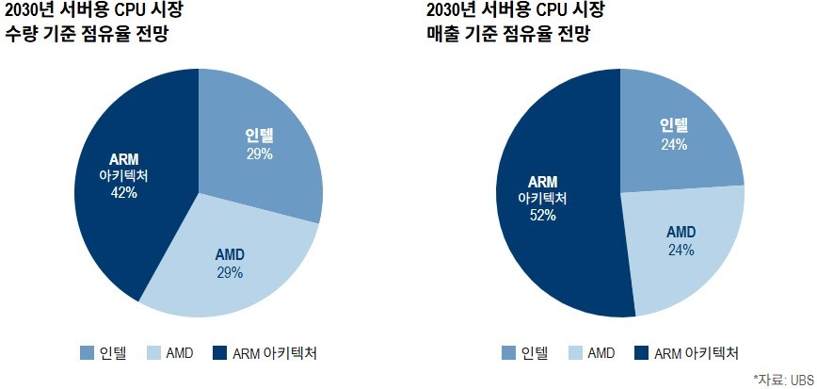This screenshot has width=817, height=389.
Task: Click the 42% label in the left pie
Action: (x=124, y=192)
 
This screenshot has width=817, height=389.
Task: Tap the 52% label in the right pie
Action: (x=542, y=215)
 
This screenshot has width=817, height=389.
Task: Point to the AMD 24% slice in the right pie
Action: (x=682, y=245)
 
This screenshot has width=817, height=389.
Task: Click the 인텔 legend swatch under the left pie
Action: (x=87, y=353)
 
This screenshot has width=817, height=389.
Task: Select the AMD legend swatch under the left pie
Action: (x=153, y=353)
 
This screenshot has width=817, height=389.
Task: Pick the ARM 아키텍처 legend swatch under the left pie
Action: (x=220, y=353)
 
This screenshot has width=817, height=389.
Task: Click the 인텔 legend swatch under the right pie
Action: (x=508, y=353)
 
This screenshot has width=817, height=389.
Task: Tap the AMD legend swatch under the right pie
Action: (x=575, y=353)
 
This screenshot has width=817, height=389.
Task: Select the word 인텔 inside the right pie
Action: (x=674, y=124)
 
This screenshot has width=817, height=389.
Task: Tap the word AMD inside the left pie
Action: (x=230, y=255)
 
